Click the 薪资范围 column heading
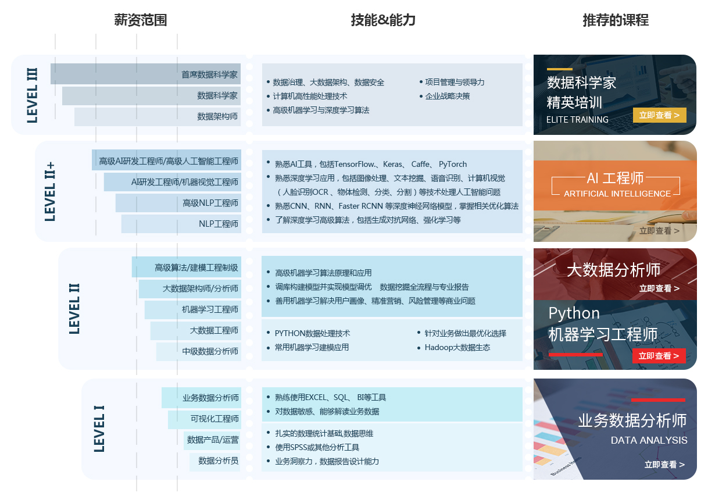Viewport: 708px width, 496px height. point(140,20)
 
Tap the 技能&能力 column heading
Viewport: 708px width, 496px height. point(383,20)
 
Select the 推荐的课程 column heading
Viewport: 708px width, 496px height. point(616,20)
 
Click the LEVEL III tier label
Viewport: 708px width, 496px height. point(32,95)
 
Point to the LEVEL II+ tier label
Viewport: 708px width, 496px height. point(50,191)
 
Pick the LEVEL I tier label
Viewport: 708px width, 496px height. point(99,429)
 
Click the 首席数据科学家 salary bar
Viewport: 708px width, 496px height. point(145,74)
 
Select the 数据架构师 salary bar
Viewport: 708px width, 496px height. point(158,117)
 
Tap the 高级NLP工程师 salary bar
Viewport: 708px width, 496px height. point(178,203)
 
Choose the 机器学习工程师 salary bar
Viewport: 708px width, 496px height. point(193,310)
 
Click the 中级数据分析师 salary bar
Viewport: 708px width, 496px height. point(198,352)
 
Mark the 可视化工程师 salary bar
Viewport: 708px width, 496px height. point(205,419)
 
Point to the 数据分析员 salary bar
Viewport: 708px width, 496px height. point(215,462)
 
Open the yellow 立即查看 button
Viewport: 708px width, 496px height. point(660,115)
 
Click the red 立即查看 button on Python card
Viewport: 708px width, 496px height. point(659,356)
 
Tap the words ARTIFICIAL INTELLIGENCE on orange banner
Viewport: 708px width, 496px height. point(617,194)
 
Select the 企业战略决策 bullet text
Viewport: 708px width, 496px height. point(448,96)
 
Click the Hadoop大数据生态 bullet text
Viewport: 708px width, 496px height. point(457,347)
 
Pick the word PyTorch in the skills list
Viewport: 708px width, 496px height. point(453,164)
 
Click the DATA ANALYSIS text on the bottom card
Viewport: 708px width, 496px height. point(649,440)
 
